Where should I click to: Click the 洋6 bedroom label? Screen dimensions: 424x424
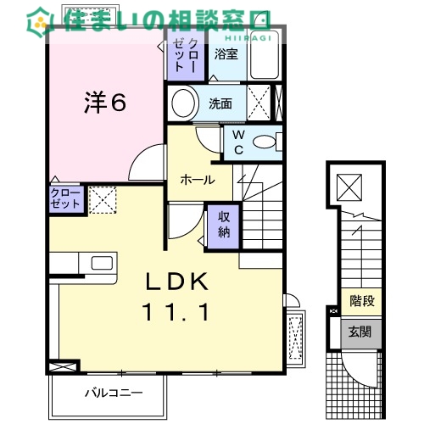[105, 103]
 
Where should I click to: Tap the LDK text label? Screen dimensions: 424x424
[177, 282]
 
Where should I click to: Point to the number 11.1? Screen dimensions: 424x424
[176, 311]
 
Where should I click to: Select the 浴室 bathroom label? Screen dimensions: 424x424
[226, 54]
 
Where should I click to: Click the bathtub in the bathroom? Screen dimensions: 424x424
[265, 54]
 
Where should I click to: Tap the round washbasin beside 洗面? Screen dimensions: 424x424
[183, 103]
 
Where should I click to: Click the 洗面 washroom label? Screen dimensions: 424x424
[220, 103]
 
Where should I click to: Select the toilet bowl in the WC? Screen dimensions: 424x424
[265, 142]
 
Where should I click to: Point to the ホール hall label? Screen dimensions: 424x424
[198, 180]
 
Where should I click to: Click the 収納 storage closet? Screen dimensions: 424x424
[224, 226]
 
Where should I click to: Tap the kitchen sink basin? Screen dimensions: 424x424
[102, 263]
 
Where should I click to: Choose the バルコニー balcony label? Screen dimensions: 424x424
[114, 393]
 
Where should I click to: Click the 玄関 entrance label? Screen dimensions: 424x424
[360, 332]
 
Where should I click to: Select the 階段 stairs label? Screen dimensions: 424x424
[362, 301]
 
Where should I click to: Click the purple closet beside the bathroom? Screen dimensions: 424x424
[186, 55]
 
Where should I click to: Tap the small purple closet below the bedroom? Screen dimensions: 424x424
[67, 199]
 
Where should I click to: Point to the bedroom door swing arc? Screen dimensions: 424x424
[139, 155]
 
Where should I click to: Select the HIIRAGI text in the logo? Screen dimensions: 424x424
[248, 38]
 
